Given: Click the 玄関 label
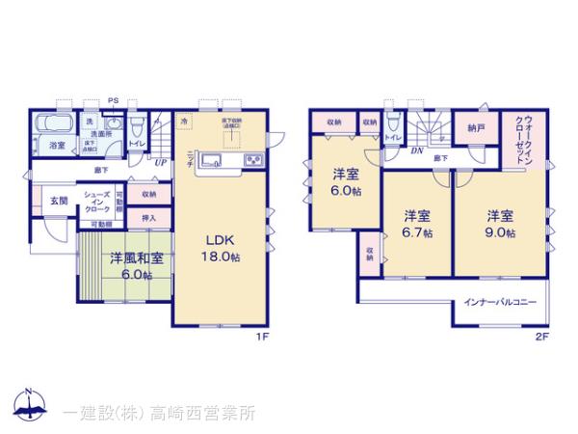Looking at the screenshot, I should point(59,201).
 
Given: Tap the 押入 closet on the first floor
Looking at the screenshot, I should point(149,219).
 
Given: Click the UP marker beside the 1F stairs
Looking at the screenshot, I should point(161,162).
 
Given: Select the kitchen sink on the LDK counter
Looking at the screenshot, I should point(213,160).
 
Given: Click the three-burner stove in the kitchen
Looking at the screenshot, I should point(254,160).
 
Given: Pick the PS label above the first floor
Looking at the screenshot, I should point(114,99).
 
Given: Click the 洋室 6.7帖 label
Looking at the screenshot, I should point(417,223).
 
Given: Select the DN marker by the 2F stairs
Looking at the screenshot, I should point(416,151).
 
